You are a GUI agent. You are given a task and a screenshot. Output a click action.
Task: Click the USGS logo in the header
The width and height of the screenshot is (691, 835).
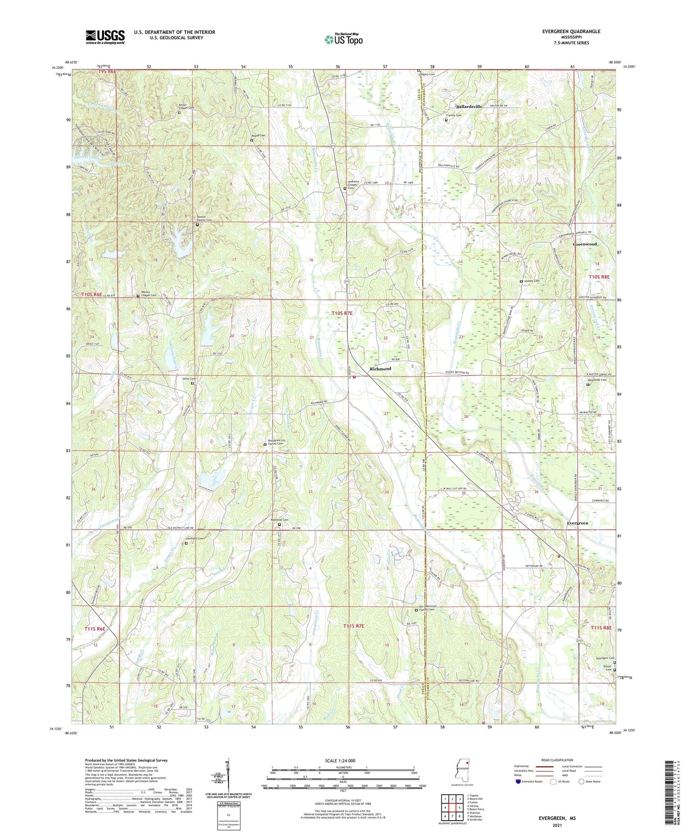tap(105, 37)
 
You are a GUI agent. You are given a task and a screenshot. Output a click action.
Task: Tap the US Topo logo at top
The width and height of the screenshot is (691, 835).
tap(344, 39)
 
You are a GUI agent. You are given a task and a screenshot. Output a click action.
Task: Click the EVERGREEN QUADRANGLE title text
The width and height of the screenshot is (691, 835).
tap(571, 32)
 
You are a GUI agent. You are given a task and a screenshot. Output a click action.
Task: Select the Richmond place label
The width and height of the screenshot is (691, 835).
tap(380, 369)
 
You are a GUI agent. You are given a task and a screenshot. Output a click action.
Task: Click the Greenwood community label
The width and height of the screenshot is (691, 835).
tap(585, 244)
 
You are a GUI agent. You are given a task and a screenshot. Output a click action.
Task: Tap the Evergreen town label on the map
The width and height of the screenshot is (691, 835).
tap(577, 523)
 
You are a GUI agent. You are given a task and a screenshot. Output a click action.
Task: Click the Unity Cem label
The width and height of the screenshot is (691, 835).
tap(189, 378)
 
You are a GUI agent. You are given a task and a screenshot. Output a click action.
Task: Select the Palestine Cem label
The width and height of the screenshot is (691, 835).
tap(279, 520)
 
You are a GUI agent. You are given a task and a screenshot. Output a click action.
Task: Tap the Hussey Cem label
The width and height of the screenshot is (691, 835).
tap(532, 281)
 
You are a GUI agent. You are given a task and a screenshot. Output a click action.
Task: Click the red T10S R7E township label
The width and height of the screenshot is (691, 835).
tap(342, 313)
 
